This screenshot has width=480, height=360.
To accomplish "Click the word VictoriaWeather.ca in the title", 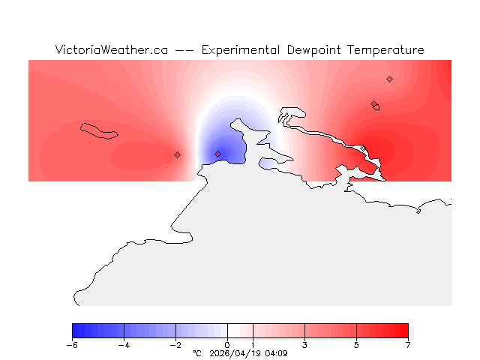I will [x=111, y=50].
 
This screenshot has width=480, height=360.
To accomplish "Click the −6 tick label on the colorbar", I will [x=72, y=345].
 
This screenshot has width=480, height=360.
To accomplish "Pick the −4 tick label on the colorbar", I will [x=124, y=345].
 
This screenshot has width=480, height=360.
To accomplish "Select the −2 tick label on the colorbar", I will [x=175, y=345].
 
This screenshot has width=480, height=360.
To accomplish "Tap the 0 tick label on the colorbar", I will [x=227, y=345].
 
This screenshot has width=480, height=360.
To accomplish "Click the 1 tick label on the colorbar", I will [x=253, y=345].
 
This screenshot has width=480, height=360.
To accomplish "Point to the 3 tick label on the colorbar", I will [x=304, y=345].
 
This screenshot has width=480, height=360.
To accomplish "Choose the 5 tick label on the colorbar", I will [x=356, y=345].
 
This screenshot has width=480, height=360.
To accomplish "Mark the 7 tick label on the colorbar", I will [x=408, y=345].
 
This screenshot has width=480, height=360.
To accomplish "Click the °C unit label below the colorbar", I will [x=197, y=353].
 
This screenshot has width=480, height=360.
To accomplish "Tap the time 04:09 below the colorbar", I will [x=275, y=353].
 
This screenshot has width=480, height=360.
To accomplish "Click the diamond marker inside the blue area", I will [x=218, y=154].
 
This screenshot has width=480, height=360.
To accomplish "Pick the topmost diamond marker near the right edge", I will [x=389, y=79].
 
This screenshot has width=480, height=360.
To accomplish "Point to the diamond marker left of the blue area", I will [x=177, y=154].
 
